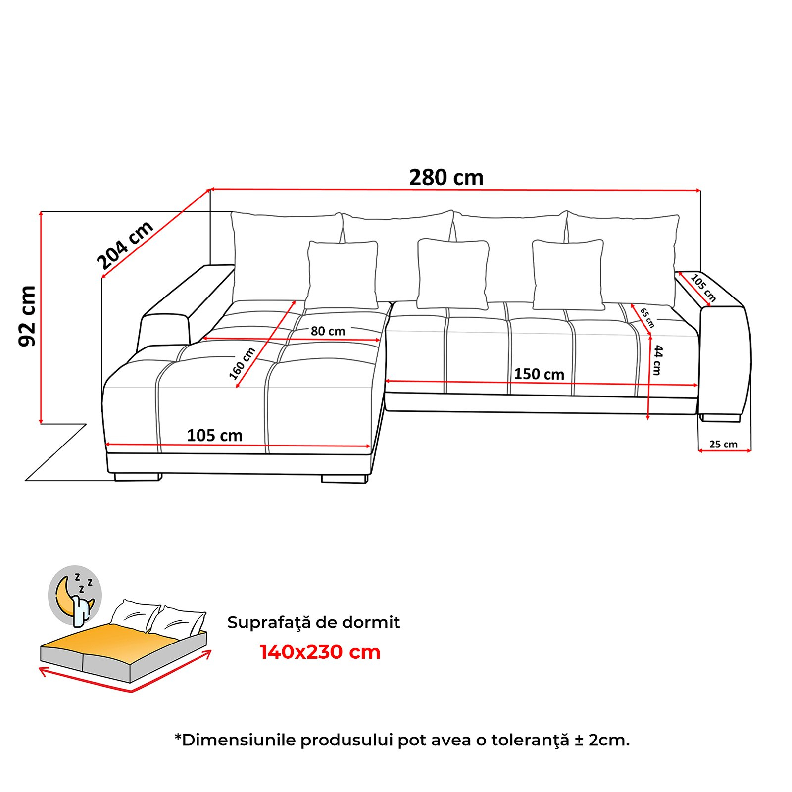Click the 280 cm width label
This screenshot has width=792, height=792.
coord(446,178)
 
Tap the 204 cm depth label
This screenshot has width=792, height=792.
coord(125,246)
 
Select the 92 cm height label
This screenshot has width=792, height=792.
coord(28,316)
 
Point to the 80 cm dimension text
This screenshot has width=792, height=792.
coord(328,331)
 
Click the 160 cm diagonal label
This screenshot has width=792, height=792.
coord(242,363)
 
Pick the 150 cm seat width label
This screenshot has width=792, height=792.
coord(539,374)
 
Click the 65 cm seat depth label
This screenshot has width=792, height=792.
coord(647,318)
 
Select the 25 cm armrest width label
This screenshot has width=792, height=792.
coord(723,444)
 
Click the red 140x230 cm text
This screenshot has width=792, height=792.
coord(320,652)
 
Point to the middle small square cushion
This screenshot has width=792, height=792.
coord(453,274)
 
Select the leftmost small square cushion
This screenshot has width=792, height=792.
coord(342,275)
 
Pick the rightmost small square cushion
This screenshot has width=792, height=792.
coord(568,275)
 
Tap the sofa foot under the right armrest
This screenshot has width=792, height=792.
coord(720,418)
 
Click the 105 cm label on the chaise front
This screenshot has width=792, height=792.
coord(215,436)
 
